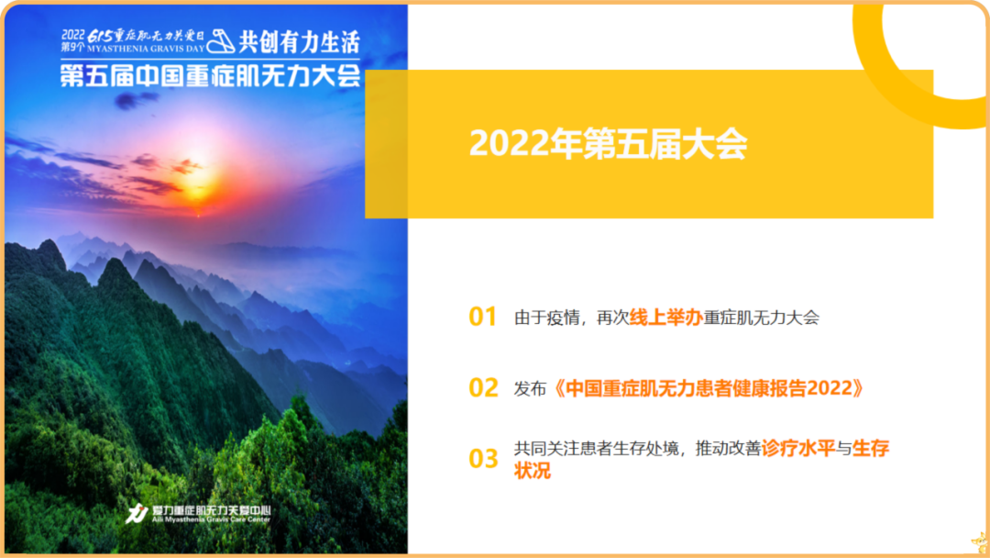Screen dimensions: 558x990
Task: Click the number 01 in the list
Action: [x=482, y=318]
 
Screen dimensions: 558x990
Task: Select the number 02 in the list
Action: [x=483, y=388]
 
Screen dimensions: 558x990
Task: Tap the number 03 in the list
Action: [x=483, y=459]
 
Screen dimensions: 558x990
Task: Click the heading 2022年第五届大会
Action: [x=609, y=144]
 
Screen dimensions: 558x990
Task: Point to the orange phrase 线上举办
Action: [x=665, y=318]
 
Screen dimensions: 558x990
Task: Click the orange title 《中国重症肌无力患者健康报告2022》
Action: [x=709, y=388]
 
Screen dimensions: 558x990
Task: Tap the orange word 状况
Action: [x=533, y=471]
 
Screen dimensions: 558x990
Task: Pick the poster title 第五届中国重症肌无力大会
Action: [x=210, y=75]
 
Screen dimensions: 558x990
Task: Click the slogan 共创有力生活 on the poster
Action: [x=299, y=41]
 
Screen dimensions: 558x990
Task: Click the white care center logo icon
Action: [x=137, y=514]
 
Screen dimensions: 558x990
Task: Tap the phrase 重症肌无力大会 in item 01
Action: [x=761, y=318]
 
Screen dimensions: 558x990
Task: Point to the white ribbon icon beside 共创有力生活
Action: [x=220, y=42]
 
